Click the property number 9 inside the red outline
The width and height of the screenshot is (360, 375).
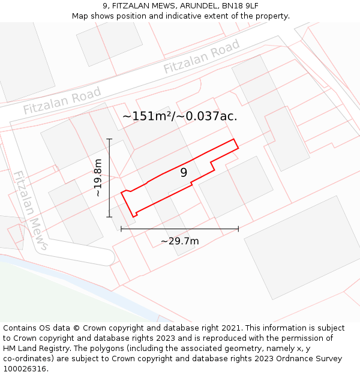coord(184,173)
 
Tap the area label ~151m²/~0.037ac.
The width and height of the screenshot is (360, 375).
coord(180,116)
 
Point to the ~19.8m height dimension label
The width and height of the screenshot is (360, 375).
coord(98,178)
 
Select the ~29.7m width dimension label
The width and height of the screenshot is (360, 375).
coord(180,241)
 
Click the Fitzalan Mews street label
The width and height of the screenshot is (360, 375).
coord(31,210)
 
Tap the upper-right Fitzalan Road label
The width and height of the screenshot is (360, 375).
coord(202,56)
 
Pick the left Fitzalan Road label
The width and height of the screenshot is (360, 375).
coord(62,101)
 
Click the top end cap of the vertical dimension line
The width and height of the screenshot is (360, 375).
coord(109,139)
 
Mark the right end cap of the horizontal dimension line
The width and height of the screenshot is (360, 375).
coord(238,229)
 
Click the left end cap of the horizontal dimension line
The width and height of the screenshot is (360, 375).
coord(121,229)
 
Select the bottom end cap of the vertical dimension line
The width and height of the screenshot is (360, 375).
coord(109,217)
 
